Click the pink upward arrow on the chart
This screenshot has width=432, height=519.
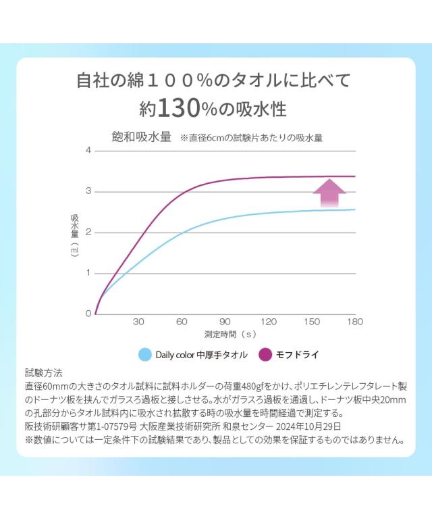point(329,193)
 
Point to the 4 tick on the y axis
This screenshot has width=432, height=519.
point(88,150)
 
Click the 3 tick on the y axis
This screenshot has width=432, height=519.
point(88,192)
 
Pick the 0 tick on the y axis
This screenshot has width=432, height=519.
point(88,314)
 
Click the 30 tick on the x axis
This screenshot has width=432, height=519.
point(138,322)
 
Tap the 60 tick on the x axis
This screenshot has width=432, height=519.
point(182,322)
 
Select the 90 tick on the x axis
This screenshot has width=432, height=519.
point(225,322)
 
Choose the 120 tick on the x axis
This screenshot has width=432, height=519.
point(268,322)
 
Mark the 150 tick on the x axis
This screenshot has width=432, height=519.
point(311,322)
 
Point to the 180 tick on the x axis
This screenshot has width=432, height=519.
point(354,322)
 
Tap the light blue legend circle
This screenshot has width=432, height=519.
point(144,354)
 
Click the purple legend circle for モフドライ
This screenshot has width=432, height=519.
point(265,354)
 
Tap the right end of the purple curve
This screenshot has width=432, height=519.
point(354,176)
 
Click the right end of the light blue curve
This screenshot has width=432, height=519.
point(354,209)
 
